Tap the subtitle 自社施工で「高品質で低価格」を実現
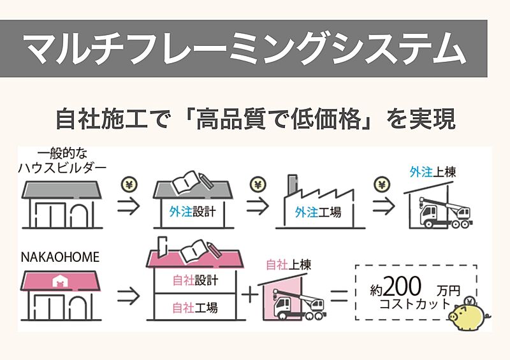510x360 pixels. (255, 119)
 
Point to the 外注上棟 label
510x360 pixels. (433, 172)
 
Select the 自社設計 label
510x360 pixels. (195, 280)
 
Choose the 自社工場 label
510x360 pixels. (195, 308)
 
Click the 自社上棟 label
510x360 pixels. (287, 264)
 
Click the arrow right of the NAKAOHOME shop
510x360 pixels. (129, 295)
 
